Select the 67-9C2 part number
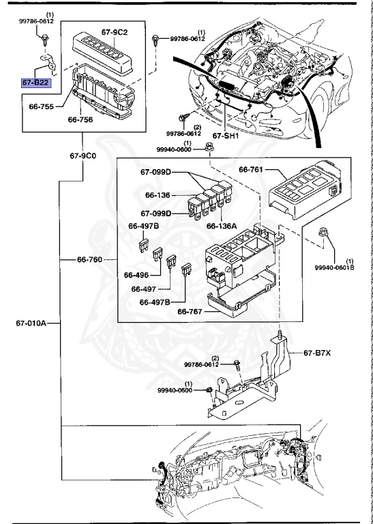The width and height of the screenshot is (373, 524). point(115,33)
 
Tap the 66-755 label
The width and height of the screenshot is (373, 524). point(42,106)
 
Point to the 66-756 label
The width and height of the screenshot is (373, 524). point(80,119)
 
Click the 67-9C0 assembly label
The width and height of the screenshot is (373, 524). point(83,156)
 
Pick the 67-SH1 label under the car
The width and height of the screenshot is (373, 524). point(226,136)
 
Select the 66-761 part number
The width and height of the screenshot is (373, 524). point(251,169)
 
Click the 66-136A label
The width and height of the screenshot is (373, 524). point(222,226)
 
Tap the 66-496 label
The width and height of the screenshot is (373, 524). point(136,275)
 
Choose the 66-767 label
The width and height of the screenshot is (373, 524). point(190,311)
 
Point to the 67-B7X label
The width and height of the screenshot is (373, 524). point(317,353)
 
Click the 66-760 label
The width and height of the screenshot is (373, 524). point(89,259)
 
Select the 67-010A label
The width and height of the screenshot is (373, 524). point(31,323)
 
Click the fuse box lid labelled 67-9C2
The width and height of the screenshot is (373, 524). point(102,53)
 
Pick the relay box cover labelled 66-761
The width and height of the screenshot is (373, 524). point(305,190)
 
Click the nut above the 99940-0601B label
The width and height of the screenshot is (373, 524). point(323,231)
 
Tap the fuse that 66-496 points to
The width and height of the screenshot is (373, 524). point(158,254)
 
